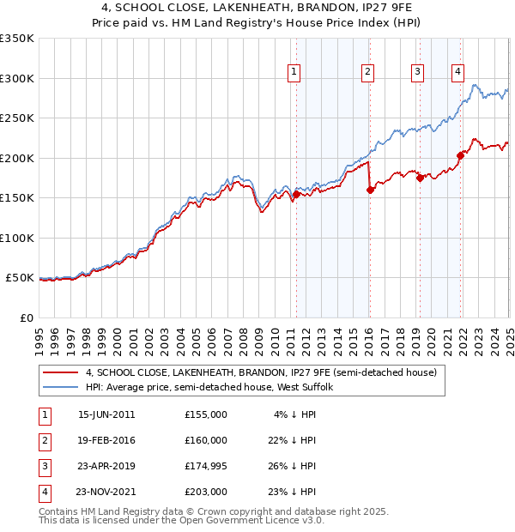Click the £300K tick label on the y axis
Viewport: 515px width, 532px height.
(17, 78)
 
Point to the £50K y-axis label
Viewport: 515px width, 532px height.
(20, 278)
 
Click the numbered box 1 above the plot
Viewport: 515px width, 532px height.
(294, 72)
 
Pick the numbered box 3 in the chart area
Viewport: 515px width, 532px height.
(417, 72)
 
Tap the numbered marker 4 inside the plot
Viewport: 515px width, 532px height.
(458, 72)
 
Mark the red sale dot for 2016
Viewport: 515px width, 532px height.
(370, 190)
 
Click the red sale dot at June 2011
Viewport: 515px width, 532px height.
(297, 194)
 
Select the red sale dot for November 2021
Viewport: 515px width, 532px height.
(461, 155)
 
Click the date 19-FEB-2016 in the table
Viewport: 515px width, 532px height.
(106, 440)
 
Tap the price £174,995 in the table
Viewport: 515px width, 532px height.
(206, 466)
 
